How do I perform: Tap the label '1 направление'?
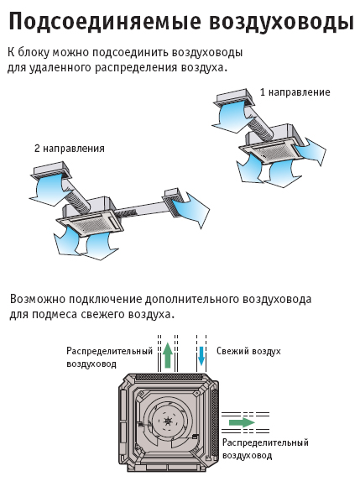click(295, 92)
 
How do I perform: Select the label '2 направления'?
click(70, 148)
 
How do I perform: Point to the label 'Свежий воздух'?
click(248, 351)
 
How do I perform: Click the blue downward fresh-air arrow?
click(201, 356)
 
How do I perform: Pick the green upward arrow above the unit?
click(168, 355)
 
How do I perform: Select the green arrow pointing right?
click(242, 422)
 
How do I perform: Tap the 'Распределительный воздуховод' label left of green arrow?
click(109, 357)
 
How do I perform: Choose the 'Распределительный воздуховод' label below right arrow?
click(265, 448)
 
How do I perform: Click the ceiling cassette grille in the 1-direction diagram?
click(272, 153)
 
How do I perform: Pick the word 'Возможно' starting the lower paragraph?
click(38, 299)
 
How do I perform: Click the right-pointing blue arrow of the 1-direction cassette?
click(311, 152)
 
